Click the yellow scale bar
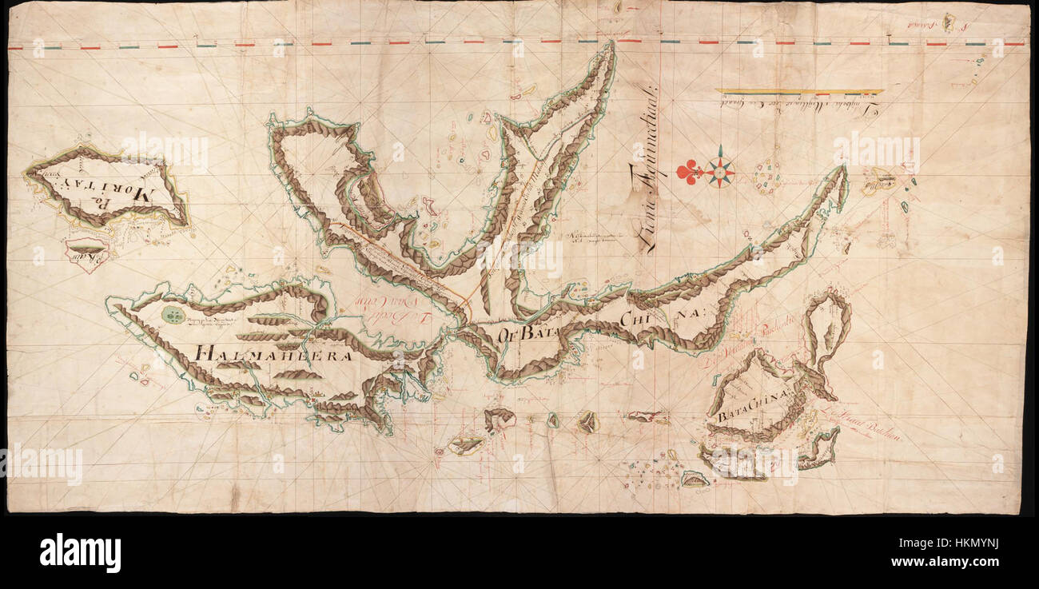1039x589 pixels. (799, 92)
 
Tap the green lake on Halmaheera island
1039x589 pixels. (173, 314)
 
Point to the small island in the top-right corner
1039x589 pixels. (948, 22)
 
